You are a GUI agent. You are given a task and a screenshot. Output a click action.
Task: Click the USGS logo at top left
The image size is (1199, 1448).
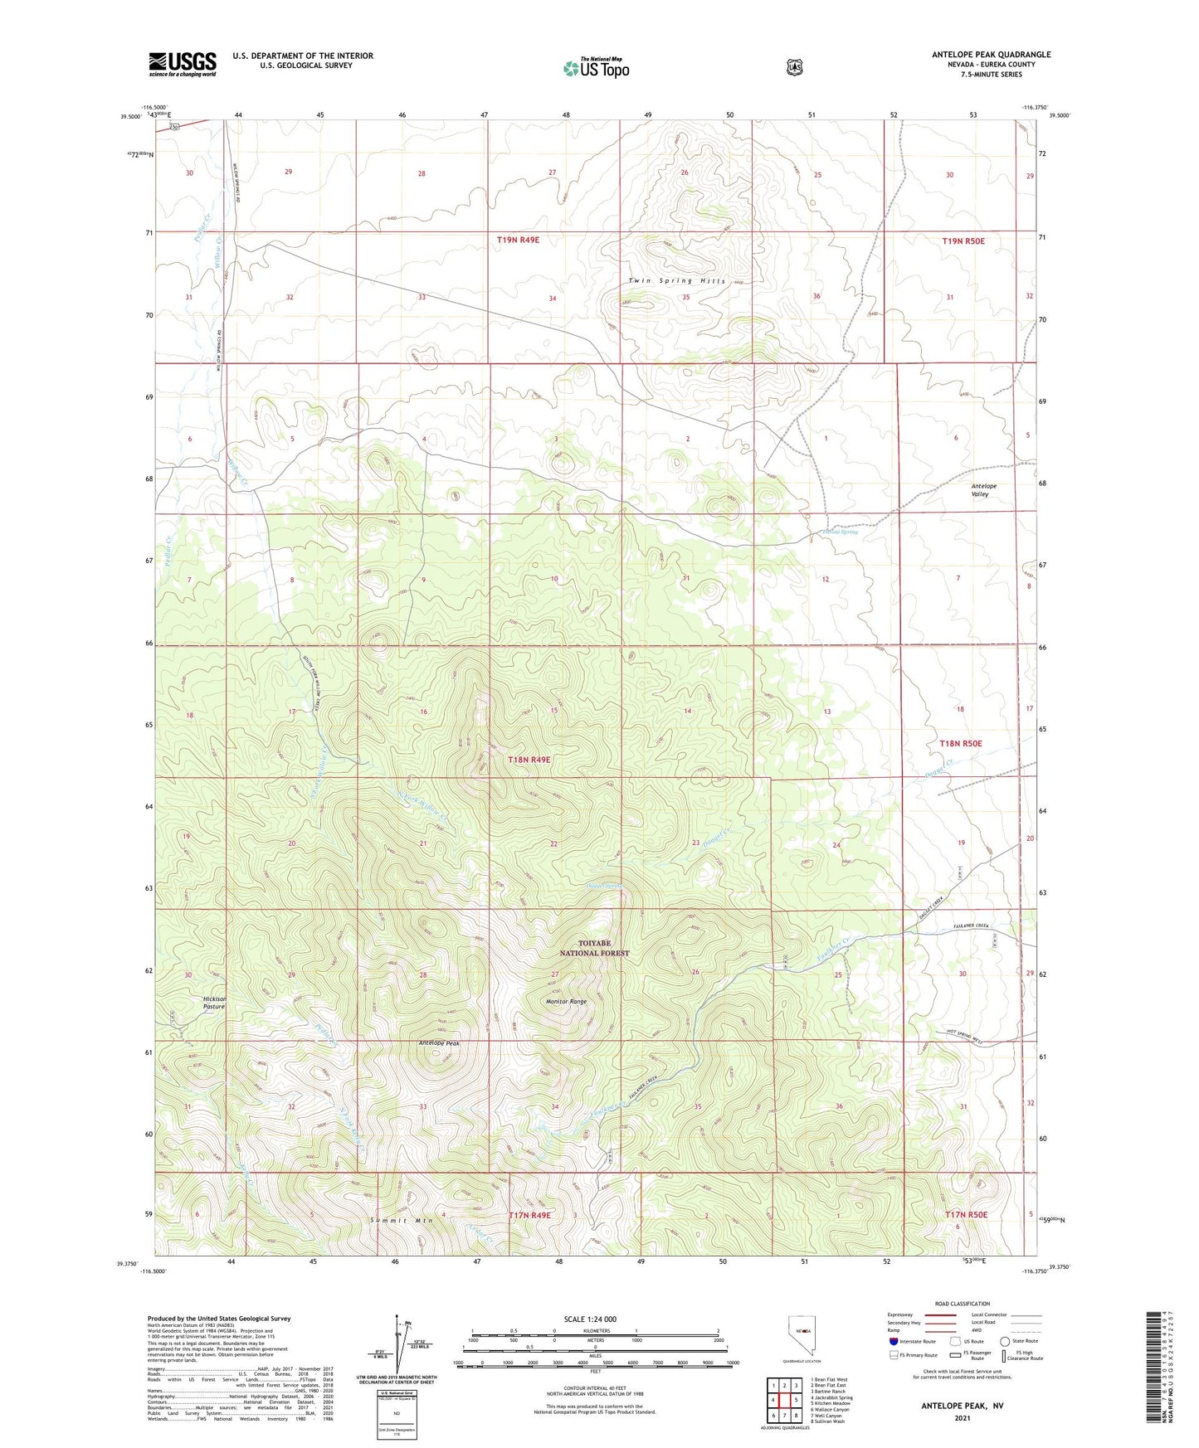[x=183, y=64]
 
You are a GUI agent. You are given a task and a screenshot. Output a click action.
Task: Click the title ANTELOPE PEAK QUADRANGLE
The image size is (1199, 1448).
[x=991, y=55]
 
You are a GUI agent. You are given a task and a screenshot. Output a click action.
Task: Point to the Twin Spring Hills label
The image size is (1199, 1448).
[x=676, y=281]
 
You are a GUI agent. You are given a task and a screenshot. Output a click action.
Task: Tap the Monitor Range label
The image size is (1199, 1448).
[x=566, y=1002]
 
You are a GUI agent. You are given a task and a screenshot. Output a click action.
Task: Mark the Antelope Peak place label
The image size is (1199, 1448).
[x=439, y=1043]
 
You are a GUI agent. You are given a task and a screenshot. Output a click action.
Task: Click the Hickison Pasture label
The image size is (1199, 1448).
[x=214, y=1003]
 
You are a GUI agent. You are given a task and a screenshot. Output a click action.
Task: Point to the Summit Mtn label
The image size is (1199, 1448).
[x=402, y=1221]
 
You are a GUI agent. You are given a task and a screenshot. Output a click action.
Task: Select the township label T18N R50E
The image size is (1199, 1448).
[x=961, y=744]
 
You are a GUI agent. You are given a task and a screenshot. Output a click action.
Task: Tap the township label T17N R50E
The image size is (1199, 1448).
[x=966, y=1215]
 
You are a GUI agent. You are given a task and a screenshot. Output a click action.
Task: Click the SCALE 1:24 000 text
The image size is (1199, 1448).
[x=590, y=1319]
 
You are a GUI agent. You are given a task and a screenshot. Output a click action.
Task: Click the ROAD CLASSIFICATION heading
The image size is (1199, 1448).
[x=962, y=1304]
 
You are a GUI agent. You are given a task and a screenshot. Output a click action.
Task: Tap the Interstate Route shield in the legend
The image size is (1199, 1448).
[x=893, y=1340]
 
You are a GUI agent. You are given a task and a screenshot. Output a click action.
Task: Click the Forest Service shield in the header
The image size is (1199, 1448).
[x=795, y=67]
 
